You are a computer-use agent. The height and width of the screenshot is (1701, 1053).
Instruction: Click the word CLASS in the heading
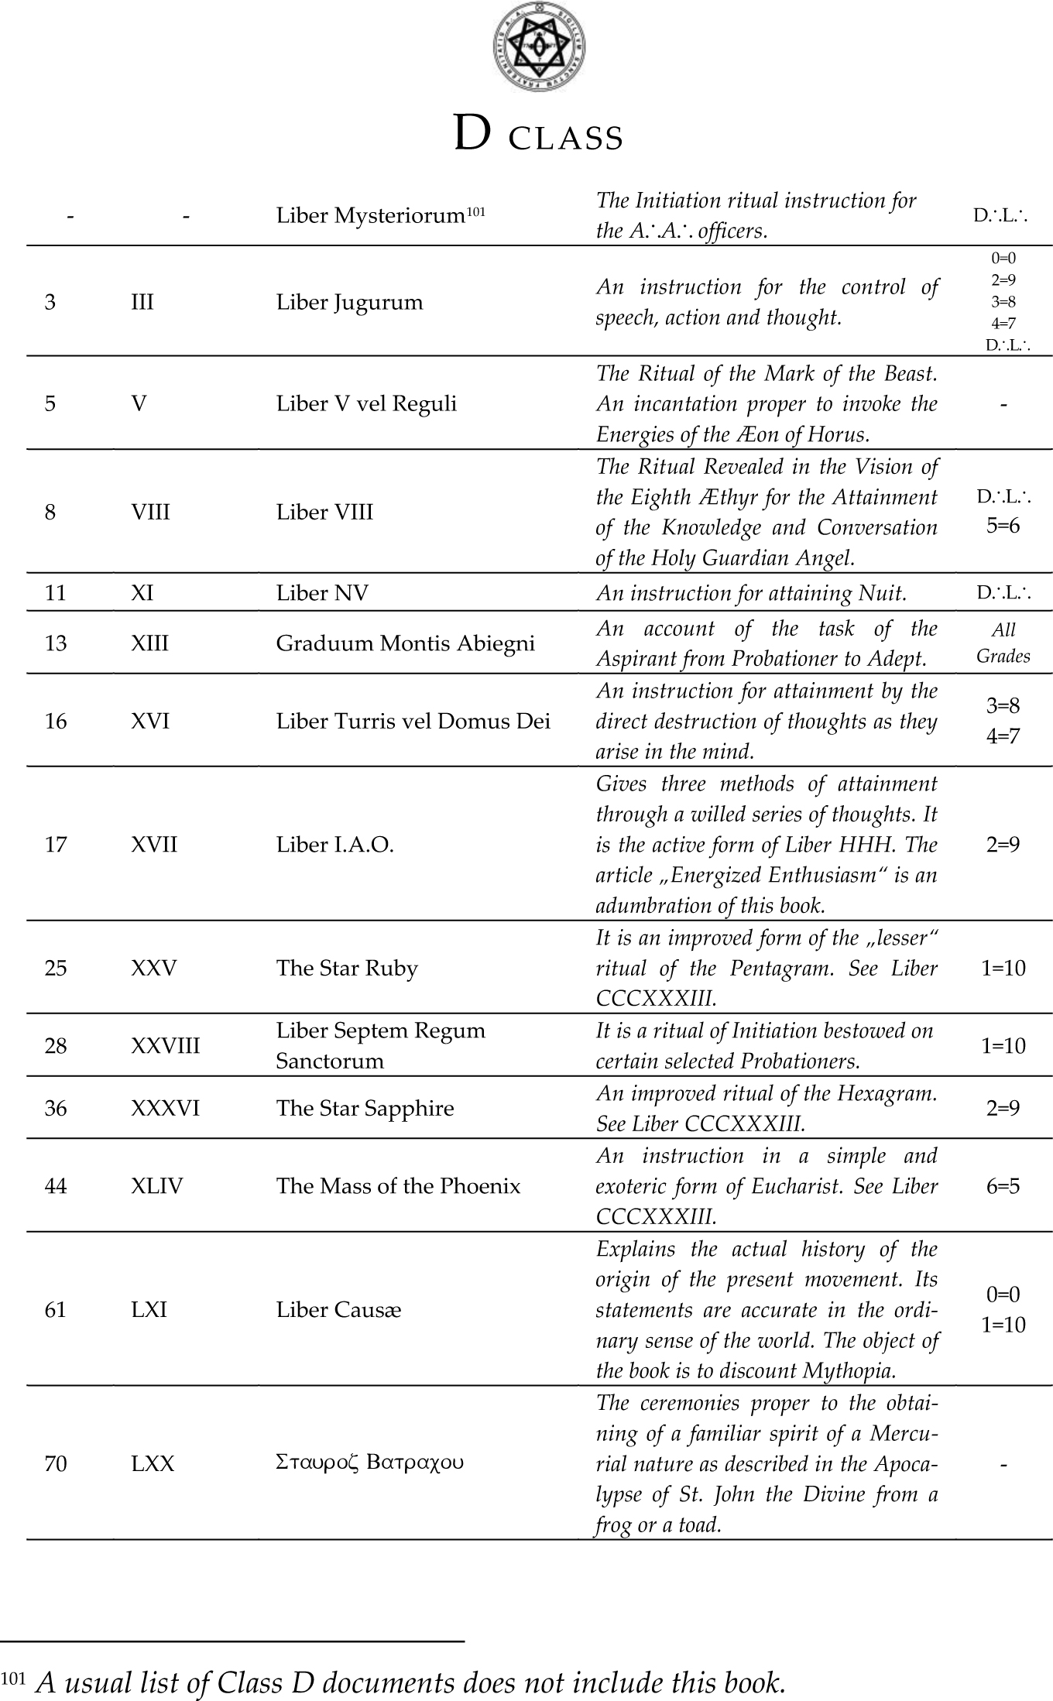coord(565,139)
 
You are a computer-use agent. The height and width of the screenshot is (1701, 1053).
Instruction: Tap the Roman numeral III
coord(142,302)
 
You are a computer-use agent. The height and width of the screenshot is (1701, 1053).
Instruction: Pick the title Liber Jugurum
coord(349,302)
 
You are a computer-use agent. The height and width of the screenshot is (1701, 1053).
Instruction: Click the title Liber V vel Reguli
coord(366,403)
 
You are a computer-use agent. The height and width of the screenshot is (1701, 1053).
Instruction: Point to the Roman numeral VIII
coord(150,512)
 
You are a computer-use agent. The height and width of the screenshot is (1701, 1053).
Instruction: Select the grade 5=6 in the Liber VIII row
coord(1003,526)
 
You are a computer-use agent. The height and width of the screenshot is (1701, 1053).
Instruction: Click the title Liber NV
coord(322,593)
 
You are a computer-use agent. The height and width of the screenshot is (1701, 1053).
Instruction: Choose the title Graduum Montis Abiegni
coord(405,643)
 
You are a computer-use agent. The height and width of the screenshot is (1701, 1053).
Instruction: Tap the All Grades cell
coord(1003,643)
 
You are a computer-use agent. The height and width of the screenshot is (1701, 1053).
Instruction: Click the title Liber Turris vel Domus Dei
coord(413,722)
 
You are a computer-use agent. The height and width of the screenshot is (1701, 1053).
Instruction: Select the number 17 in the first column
coord(56,845)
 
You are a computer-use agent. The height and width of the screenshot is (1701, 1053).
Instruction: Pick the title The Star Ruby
coord(347,969)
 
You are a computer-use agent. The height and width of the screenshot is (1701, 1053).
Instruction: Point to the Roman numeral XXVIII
coord(165,1046)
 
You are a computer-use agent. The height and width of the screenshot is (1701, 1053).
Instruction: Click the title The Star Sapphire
coord(365,1109)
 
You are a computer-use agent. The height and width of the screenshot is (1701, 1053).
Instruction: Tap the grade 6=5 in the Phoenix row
coord(1003,1186)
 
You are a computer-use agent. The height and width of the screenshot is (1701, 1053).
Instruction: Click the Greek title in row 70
coord(369,1463)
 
